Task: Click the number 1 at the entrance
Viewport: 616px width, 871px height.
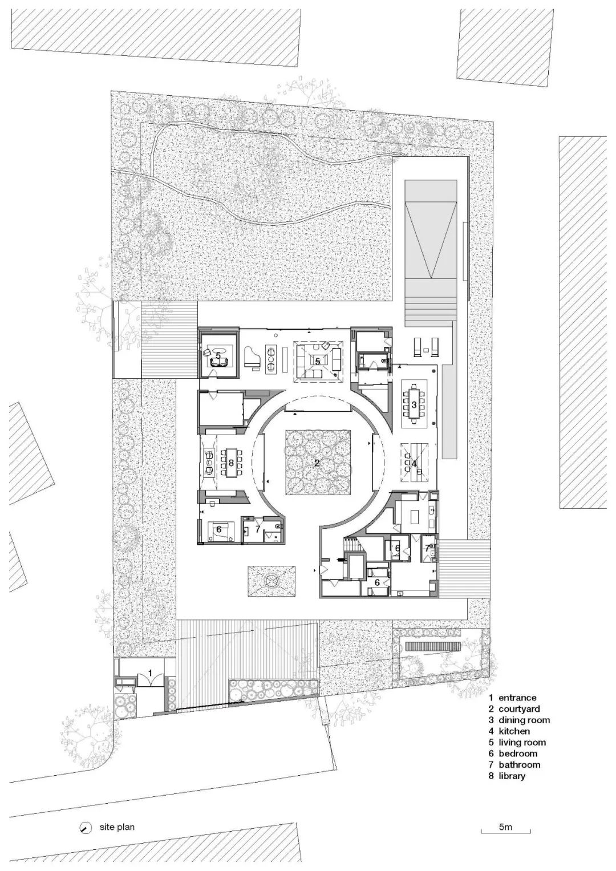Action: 151,673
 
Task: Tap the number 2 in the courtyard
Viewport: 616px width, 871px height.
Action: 317,463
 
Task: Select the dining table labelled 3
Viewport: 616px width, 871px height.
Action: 414,404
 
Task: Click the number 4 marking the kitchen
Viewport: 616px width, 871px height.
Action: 414,464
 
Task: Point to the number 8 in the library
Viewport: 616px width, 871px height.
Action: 231,463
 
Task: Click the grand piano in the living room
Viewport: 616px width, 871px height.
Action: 250,357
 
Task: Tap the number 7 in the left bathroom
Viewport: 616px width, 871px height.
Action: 257,529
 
